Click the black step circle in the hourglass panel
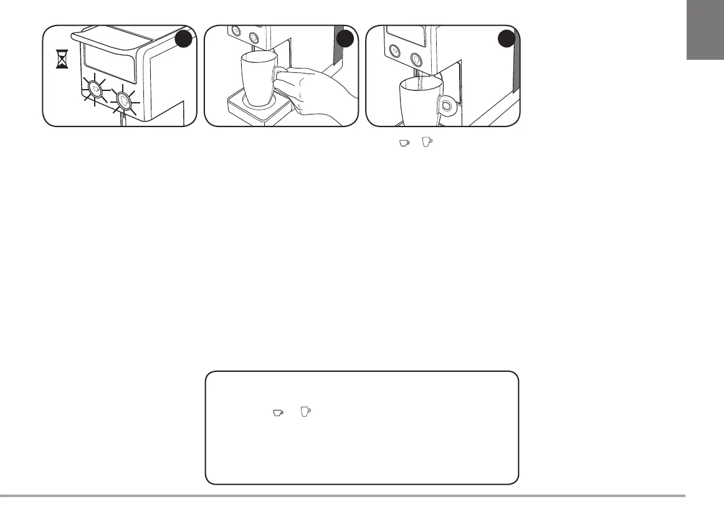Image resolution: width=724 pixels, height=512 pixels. click(x=183, y=40)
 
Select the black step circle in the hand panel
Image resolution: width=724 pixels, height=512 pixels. click(x=345, y=40)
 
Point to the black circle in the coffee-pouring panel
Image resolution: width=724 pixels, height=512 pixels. click(x=507, y=40)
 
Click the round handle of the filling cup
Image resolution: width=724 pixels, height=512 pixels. click(x=447, y=105)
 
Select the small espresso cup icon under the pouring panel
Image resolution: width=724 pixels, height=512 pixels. click(x=404, y=143)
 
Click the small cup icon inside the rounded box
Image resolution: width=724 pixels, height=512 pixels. click(x=277, y=412)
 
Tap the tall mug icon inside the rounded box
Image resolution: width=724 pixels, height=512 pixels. click(x=305, y=412)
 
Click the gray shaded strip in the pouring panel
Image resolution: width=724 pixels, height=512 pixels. click(x=515, y=69)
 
